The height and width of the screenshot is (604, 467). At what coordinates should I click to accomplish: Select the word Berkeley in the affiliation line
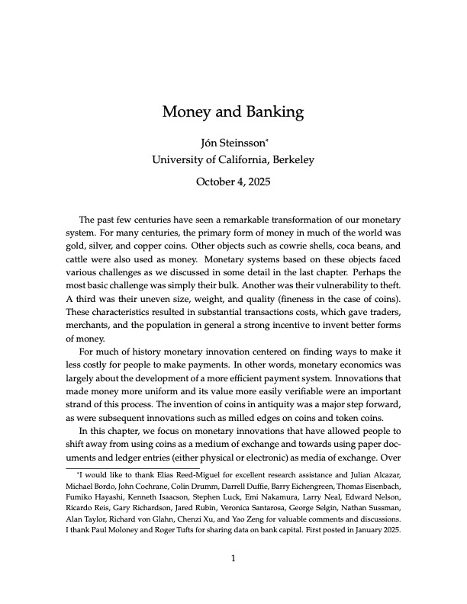(286, 159)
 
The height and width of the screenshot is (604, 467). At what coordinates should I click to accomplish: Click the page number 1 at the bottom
(233, 558)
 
